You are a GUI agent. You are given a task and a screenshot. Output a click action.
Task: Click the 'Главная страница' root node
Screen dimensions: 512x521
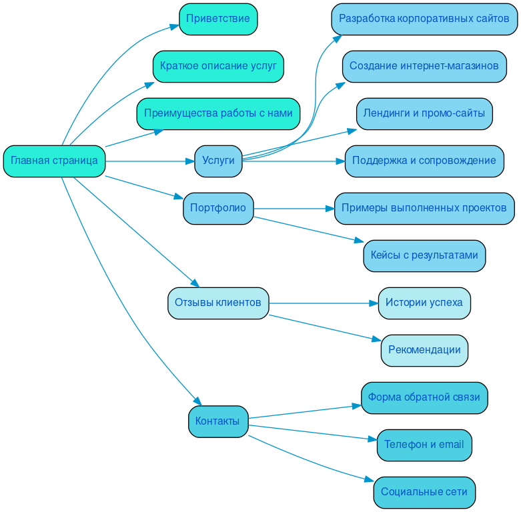(54, 161)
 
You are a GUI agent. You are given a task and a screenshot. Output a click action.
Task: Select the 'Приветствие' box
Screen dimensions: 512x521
(218, 19)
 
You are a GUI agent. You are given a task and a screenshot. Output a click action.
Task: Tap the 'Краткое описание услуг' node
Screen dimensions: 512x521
(218, 66)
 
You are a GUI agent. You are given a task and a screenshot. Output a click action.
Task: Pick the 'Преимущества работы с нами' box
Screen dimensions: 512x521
(218, 113)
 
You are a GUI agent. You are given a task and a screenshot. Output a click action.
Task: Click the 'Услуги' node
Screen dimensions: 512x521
(218, 161)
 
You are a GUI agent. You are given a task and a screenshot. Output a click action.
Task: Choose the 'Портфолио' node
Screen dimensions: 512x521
(218, 208)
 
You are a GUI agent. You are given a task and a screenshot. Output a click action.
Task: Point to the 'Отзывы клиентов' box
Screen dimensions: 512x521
(218, 303)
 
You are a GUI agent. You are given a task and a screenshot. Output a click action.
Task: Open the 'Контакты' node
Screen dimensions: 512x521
(218, 421)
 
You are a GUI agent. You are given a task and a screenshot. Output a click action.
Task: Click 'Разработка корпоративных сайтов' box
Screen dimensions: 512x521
(424, 19)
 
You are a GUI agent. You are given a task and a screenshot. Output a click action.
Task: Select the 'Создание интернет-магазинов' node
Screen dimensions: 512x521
(424, 66)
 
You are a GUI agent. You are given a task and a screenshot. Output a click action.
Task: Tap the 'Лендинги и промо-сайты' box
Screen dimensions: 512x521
(424, 113)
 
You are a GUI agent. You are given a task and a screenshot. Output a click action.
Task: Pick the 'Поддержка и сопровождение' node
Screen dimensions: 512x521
(424, 161)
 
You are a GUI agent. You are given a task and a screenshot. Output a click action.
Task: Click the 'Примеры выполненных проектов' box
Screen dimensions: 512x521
(424, 208)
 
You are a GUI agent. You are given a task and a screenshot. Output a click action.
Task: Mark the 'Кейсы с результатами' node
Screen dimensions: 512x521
(424, 255)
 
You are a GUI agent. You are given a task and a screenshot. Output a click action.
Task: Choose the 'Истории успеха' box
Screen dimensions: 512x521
(424, 303)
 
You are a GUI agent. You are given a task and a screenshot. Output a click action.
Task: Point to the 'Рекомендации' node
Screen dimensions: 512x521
(424, 350)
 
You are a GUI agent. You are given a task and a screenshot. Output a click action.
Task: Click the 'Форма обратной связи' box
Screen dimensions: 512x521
(424, 397)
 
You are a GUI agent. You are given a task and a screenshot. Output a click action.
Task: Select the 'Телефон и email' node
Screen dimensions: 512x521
(424, 445)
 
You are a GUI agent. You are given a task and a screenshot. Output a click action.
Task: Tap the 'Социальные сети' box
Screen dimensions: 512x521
(424, 492)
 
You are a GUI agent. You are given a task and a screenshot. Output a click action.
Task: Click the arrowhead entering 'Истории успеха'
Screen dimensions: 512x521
(374, 303)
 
